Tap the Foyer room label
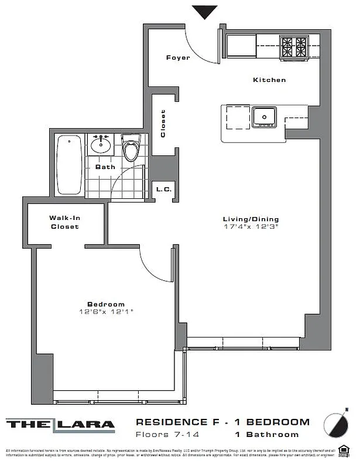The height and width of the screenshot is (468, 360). pyautogui.click(x=177, y=57)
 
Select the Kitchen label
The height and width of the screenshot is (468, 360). pyautogui.click(x=269, y=80)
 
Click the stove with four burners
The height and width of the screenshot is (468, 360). pyautogui.click(x=294, y=47)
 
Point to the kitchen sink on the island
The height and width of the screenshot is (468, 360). pyautogui.click(x=265, y=117)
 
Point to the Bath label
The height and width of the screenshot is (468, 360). pyautogui.click(x=105, y=167)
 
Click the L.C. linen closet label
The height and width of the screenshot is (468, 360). pyautogui.click(x=162, y=189)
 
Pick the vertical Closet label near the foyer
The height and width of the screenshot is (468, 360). pyautogui.click(x=163, y=123)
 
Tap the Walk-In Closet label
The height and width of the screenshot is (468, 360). pyautogui.click(x=64, y=222)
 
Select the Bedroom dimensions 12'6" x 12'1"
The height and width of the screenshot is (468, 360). pyautogui.click(x=106, y=312)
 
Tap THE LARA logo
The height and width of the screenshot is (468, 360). pyautogui.click(x=60, y=424)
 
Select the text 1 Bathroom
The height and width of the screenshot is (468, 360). pyautogui.click(x=267, y=435)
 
